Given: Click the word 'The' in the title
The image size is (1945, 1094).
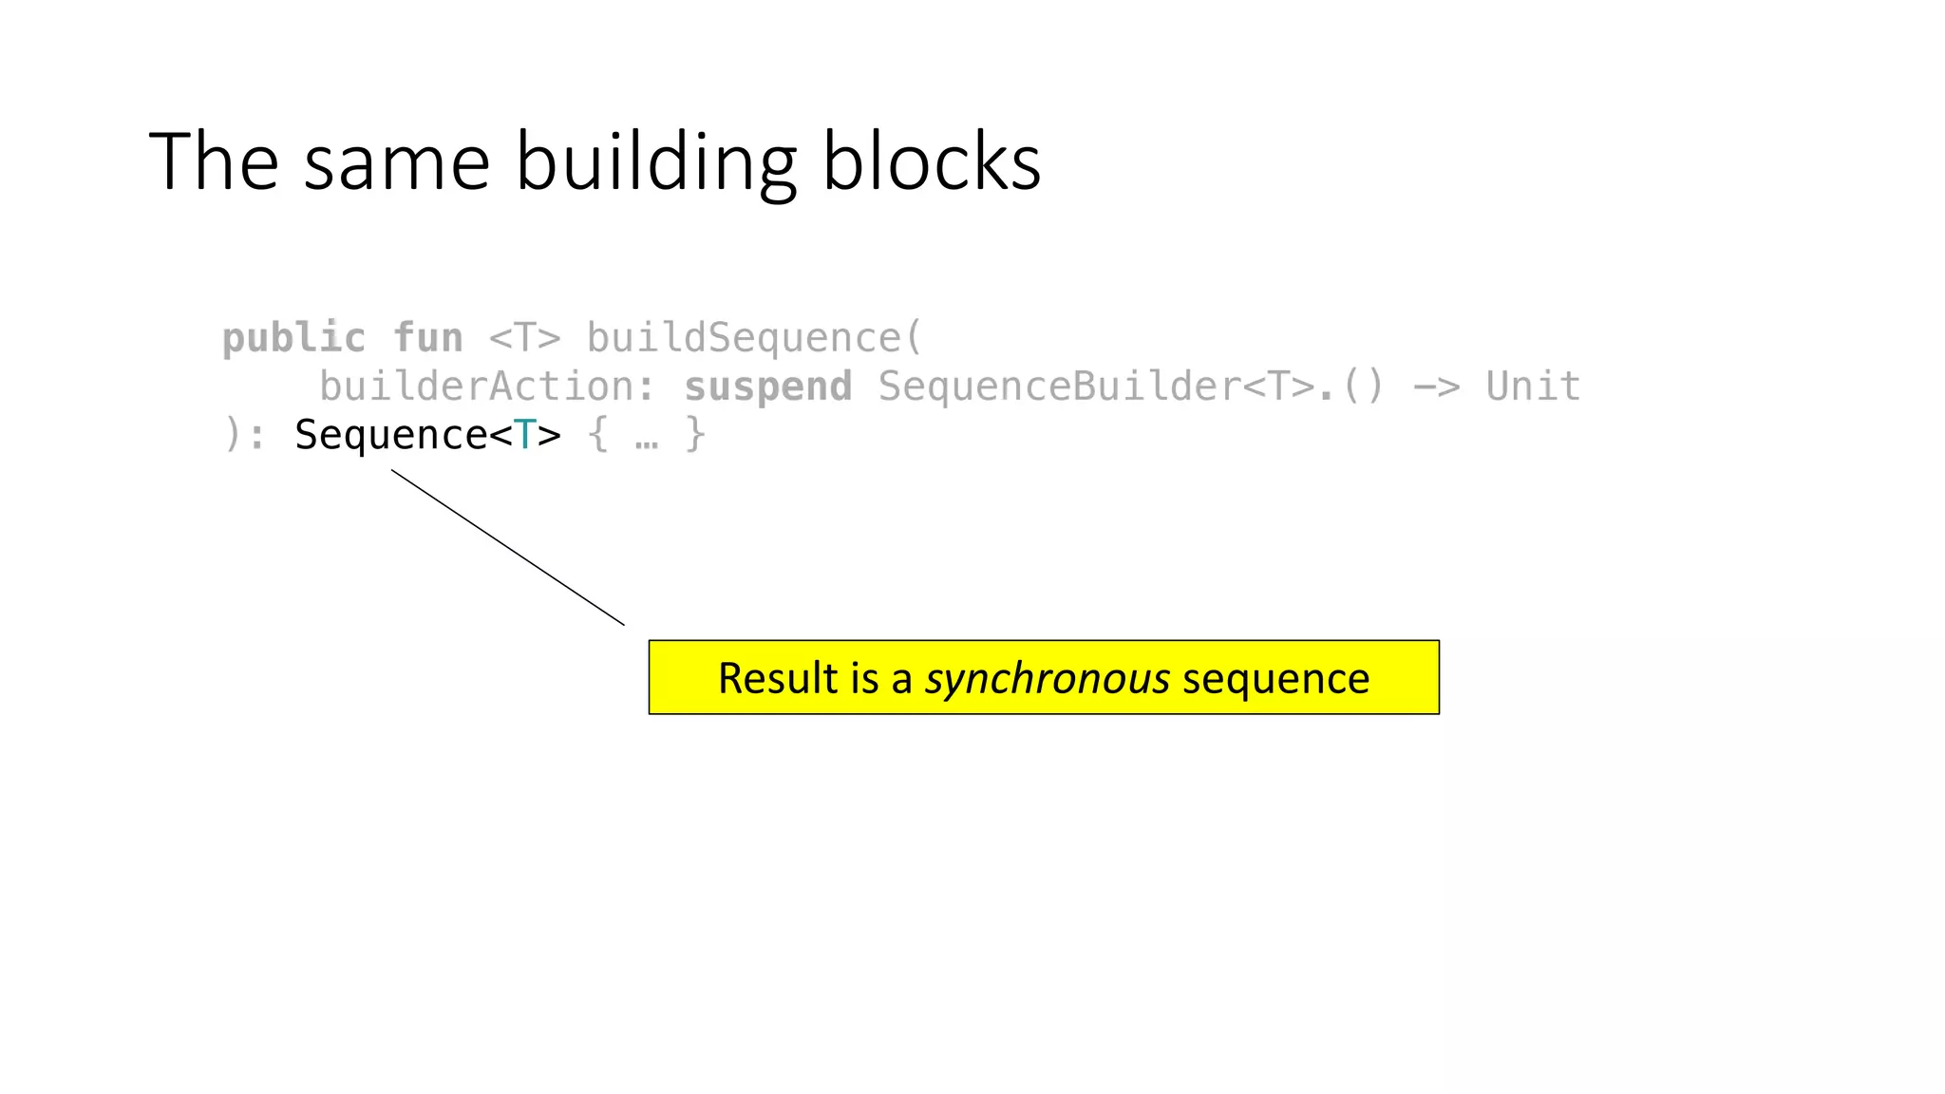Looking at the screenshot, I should click(x=214, y=161).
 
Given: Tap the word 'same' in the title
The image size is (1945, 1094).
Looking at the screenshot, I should click(x=397, y=163).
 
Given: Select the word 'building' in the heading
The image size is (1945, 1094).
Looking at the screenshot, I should click(x=655, y=163).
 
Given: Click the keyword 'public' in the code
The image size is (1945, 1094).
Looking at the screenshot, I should click(x=293, y=338).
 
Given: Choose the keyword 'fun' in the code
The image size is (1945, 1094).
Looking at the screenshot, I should click(x=427, y=338).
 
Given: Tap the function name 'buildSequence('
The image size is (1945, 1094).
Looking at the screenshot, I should click(x=754, y=338).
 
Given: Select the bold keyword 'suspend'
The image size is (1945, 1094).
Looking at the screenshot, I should click(x=767, y=387).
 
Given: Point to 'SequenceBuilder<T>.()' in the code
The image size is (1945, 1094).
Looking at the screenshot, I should click(x=1130, y=387).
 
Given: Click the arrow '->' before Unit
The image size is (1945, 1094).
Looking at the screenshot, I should click(x=1436, y=387).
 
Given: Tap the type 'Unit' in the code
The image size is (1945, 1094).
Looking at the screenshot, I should click(x=1533, y=387).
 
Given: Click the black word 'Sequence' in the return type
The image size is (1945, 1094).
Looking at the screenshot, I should click(x=390, y=435).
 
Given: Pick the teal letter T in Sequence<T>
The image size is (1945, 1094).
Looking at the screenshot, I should click(x=524, y=435).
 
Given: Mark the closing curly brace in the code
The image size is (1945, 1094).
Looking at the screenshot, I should click(x=695, y=435).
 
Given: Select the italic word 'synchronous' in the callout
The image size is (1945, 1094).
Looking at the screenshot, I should click(x=1048, y=678).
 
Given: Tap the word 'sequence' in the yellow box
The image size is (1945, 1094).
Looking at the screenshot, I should click(x=1275, y=678).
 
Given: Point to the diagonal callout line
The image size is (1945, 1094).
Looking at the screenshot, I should click(x=508, y=548).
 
